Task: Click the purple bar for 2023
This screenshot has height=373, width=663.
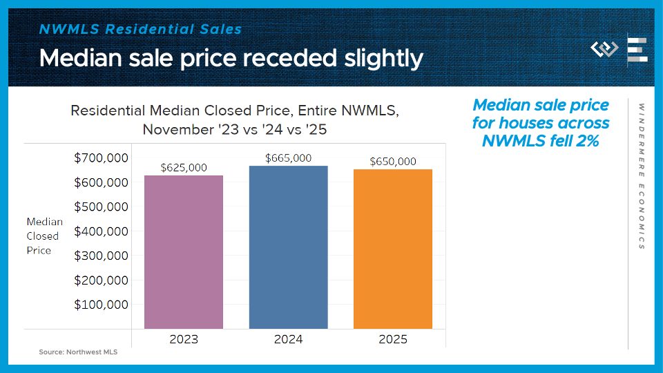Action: pos(184,252)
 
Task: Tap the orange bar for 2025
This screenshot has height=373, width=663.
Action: pos(393,249)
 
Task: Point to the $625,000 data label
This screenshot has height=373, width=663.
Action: pos(184,168)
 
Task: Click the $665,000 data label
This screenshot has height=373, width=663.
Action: pos(288,158)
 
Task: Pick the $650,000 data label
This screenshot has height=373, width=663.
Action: pos(393,162)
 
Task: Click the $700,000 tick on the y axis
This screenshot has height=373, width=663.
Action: pos(101,158)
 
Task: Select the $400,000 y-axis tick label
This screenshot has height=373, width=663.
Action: pos(101,231)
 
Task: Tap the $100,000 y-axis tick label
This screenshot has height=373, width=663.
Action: pos(101,305)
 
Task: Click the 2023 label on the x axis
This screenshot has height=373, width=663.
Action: pos(184,339)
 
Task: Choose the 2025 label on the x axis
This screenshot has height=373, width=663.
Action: pos(393,339)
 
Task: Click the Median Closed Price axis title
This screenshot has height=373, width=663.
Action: pos(45,236)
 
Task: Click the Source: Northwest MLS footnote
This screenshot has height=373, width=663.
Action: pos(78,352)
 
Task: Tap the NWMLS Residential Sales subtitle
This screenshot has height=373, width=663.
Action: pos(140,29)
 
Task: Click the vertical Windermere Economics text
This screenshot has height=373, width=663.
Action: pos(642,176)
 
